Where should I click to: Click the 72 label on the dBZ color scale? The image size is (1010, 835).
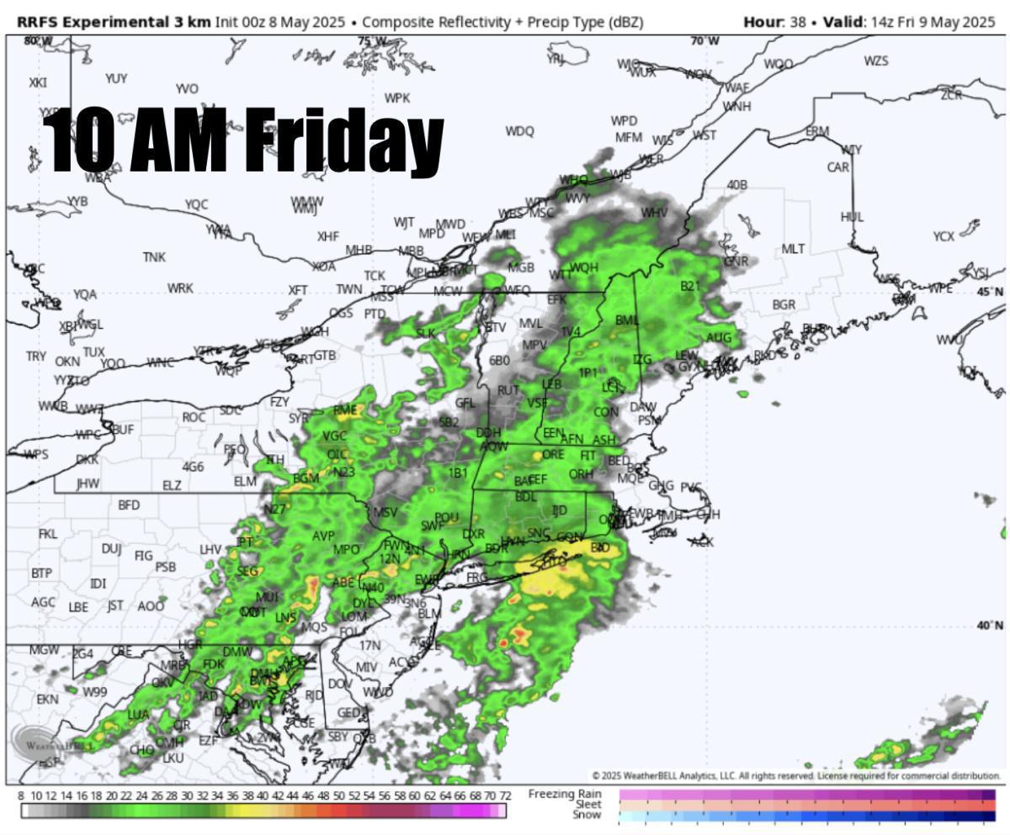(x=505, y=795)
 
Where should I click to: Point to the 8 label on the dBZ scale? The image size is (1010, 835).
(x=21, y=795)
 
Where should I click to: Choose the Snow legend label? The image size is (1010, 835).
(x=587, y=815)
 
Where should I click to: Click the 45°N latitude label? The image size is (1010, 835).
(x=990, y=292)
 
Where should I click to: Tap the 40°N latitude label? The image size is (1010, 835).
(x=990, y=626)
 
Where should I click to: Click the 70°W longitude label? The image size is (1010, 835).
(x=705, y=41)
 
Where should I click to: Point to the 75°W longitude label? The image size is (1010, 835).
(x=371, y=41)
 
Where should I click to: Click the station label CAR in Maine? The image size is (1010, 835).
(x=838, y=167)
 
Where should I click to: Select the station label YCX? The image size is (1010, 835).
(x=944, y=237)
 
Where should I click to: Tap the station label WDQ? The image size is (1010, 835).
(x=519, y=131)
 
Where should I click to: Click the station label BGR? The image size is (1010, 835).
(x=784, y=304)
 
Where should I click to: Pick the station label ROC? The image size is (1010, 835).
(x=194, y=417)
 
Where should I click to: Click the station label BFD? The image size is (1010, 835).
(x=129, y=505)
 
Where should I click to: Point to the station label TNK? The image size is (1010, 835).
(x=154, y=257)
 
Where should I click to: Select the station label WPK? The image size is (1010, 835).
(x=396, y=98)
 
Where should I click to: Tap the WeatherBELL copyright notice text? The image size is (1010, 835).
(x=796, y=776)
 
